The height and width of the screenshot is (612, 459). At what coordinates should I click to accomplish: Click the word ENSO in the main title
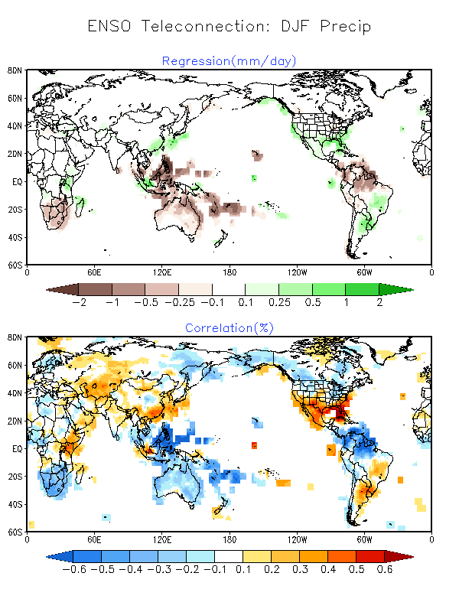109,26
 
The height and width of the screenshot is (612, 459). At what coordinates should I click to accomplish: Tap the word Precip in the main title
346,27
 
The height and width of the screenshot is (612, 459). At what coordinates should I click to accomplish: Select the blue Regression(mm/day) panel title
229,61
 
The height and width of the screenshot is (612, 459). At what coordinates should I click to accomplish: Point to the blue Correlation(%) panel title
229,328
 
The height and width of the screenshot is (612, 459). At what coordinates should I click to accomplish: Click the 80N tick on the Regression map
15,70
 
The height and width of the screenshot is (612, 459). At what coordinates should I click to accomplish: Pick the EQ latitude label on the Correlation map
17,449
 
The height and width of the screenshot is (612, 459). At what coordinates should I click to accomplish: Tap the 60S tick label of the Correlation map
15,532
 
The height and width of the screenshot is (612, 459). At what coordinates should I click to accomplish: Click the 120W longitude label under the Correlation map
297,539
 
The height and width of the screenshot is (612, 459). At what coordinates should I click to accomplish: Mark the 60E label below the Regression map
94,272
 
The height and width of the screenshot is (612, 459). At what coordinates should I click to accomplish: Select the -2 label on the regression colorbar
80,302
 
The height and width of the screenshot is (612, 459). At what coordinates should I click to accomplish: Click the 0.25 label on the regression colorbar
279,302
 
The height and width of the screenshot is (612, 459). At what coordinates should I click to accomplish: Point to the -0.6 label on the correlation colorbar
74,569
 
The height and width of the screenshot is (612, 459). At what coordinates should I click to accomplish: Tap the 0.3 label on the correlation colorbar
300,569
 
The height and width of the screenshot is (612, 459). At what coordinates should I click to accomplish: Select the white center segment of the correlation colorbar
229,557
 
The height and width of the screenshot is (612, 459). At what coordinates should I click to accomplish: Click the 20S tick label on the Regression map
15,210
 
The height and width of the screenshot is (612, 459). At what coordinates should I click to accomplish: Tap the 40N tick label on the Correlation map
15,393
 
